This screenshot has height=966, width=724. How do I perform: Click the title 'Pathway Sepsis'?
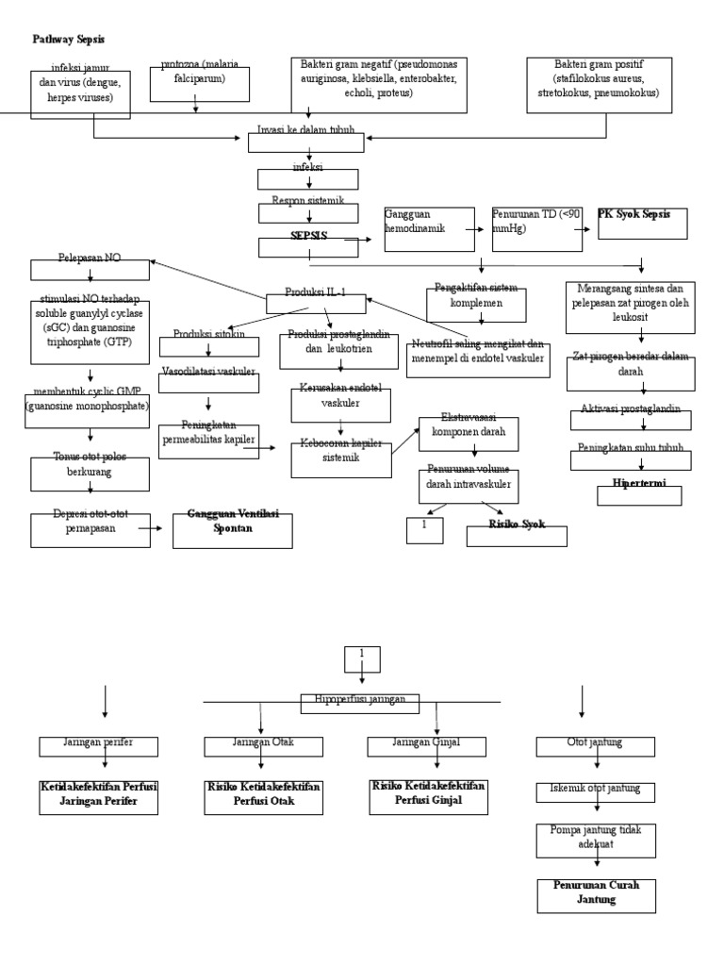(69, 39)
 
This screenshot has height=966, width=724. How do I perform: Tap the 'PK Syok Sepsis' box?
(642, 224)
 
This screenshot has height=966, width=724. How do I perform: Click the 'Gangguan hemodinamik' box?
(429, 229)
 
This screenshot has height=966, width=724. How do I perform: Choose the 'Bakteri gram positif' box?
(599, 85)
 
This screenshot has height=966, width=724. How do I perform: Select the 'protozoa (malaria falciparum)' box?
(199, 83)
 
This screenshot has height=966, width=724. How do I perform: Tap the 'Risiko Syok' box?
(517, 534)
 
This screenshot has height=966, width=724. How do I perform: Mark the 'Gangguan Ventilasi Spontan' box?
(232, 530)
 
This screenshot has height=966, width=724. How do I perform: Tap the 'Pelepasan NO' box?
(90, 269)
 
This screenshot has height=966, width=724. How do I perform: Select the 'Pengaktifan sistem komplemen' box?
(475, 304)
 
